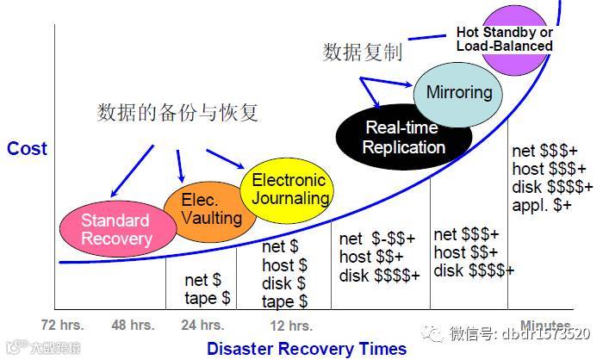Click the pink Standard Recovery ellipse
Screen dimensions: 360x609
(115, 228)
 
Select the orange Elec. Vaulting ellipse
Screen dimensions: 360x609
(198, 209)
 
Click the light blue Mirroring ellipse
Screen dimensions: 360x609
(458, 92)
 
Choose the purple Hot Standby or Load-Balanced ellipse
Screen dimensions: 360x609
(504, 39)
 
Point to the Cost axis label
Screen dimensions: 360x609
(27, 149)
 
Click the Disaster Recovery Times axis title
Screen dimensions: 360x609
(306, 349)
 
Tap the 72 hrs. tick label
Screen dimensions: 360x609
(63, 326)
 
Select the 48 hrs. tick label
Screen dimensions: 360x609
(133, 326)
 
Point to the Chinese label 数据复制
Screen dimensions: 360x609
(362, 53)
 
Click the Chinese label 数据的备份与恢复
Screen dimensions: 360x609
(177, 113)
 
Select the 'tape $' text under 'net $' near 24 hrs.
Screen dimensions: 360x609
(208, 298)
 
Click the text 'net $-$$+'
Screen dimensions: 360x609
(377, 239)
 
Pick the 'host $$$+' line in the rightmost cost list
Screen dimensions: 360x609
(548, 168)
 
